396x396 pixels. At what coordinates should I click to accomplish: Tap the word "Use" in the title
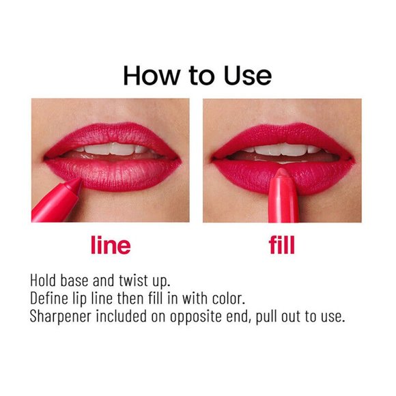tap(245, 75)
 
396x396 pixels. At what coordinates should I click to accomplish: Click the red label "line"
tap(110, 245)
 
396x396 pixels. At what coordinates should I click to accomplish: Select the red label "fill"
tap(282, 245)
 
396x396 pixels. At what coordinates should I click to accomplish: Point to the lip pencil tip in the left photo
tap(77, 182)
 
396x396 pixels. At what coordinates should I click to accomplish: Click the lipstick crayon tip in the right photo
tap(281, 175)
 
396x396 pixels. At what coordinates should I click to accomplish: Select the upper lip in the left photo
tap(109, 134)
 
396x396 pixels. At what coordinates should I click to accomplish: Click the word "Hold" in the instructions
tap(44, 281)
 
